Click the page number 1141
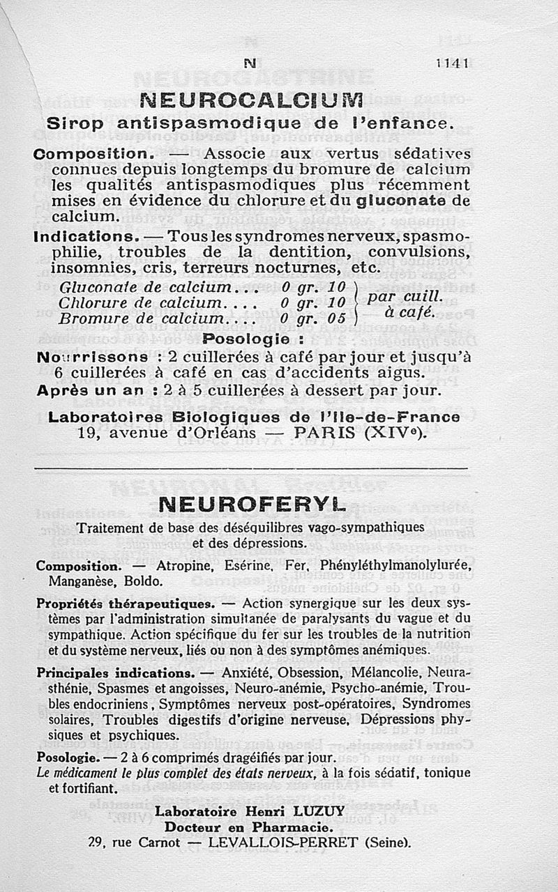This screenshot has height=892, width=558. tap(453, 62)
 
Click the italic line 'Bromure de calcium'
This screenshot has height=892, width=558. tap(151, 318)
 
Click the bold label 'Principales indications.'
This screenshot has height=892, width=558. tap(115, 674)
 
